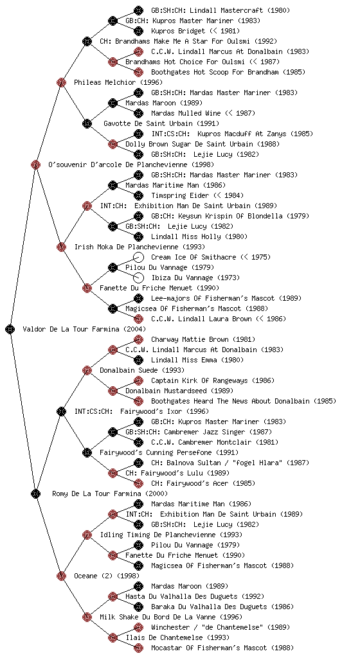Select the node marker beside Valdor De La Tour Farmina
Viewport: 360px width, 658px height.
[10, 329]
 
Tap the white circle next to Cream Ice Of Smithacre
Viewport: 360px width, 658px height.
[138, 257]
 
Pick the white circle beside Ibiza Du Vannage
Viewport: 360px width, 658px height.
[138, 278]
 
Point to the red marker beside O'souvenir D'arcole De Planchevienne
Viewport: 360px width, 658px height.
[35, 164]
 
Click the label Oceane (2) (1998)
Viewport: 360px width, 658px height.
[107, 576]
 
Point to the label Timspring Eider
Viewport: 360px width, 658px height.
[180, 195]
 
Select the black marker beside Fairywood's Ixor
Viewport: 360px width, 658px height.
[61, 411]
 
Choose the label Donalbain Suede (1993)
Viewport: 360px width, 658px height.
[142, 370]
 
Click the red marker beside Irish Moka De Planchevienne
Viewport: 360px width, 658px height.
[61, 247]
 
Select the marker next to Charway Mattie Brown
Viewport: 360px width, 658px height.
[138, 339]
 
